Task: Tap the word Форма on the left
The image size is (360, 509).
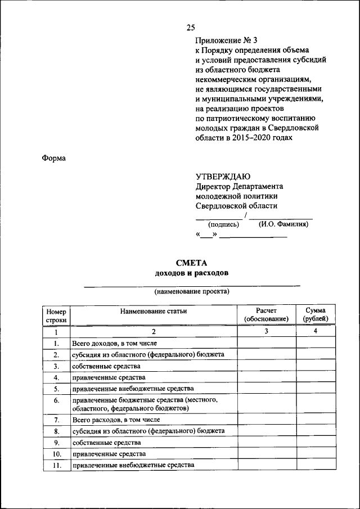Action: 54,159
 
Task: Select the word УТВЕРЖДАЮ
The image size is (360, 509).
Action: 224,177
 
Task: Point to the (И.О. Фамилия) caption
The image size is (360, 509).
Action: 283,224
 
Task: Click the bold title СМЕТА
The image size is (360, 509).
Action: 191,263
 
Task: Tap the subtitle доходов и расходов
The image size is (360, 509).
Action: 191,273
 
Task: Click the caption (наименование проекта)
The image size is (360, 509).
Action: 192,292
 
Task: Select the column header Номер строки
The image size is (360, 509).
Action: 56,315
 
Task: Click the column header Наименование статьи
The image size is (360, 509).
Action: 153,311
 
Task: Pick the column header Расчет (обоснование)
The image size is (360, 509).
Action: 266,315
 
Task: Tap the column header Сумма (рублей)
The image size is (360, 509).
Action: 316,315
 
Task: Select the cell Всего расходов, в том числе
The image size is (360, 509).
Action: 115,420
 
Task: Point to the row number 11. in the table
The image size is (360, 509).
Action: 56,466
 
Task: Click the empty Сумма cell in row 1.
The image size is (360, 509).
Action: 316,343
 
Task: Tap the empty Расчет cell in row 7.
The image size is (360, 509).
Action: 266,420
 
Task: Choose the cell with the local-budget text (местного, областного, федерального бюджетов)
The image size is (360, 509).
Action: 145,404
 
